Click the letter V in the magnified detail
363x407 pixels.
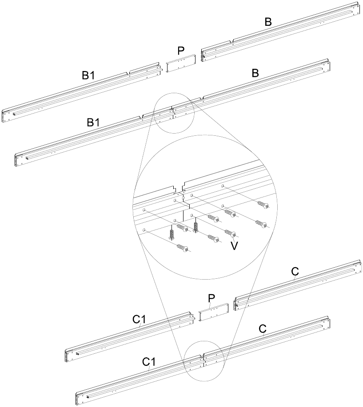(234, 245)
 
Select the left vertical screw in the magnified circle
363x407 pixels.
(172, 232)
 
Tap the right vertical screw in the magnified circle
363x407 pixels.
(195, 227)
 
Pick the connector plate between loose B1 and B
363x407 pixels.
(181, 63)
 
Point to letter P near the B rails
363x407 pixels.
(181, 51)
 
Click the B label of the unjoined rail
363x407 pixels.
(268, 22)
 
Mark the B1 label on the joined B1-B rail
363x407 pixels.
(93, 123)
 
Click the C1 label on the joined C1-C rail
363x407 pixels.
(149, 362)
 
